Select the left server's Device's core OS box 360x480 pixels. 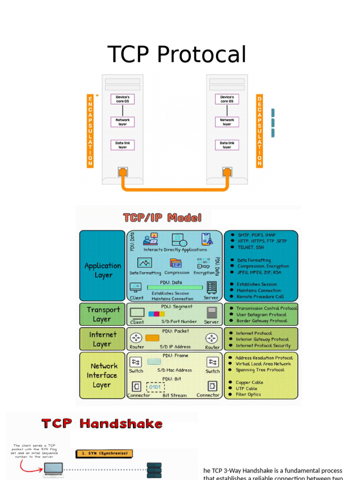pyautogui.click(x=122, y=99)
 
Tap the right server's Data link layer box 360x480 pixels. pyautogui.click(x=227, y=145)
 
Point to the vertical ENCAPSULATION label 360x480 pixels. pyautogui.click(x=90, y=131)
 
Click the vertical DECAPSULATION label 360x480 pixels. pyautogui.click(x=259, y=131)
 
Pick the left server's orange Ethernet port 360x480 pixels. pyautogui.click(x=123, y=172)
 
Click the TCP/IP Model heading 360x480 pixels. pyautogui.click(x=162, y=217)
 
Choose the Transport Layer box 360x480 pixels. pyautogui.click(x=102, y=314)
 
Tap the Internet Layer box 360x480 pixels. pyautogui.click(x=102, y=339)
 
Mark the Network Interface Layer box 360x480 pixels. pyautogui.click(x=102, y=375)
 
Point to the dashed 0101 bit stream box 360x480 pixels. pyautogui.click(x=155, y=387)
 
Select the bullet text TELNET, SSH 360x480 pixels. pyautogui.click(x=250, y=247)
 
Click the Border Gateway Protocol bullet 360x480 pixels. pyautogui.click(x=261, y=321)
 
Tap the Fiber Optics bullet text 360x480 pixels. pyautogui.click(x=248, y=394)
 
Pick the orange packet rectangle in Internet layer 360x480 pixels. pyautogui.click(x=152, y=338)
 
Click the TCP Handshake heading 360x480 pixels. pyautogui.click(x=103, y=424)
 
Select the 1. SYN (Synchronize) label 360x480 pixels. pyautogui.click(x=105, y=453)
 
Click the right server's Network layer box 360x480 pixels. pyautogui.click(x=227, y=122)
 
